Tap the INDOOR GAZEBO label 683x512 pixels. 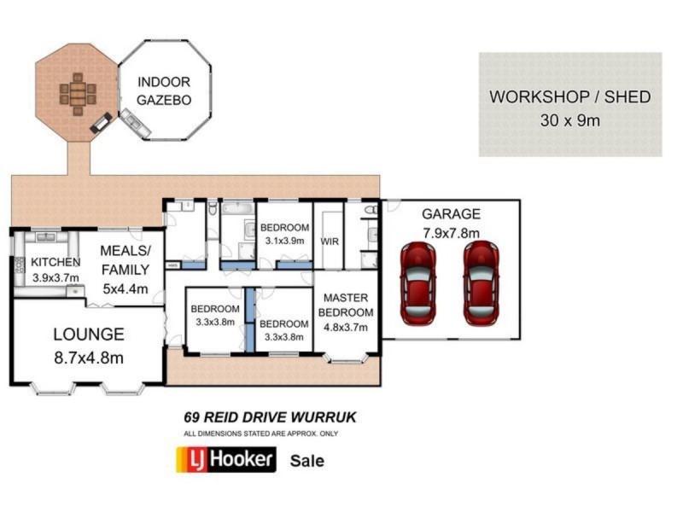coord(164,91)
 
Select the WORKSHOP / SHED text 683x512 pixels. coord(569,96)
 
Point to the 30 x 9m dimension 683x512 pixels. coord(569,120)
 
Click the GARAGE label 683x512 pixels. coord(451,214)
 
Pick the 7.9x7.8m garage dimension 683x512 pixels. coord(451,232)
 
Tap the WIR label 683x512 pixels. coord(330,241)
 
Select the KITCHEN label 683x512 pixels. coord(55,262)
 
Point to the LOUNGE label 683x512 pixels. coord(89,335)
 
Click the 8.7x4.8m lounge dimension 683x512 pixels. coord(89,358)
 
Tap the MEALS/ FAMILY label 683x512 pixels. coord(125,259)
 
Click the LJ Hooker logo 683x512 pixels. coord(225,460)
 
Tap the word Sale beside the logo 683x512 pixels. coord(307,461)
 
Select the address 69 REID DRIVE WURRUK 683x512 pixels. coord(270,418)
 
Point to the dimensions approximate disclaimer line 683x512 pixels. coord(260,433)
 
